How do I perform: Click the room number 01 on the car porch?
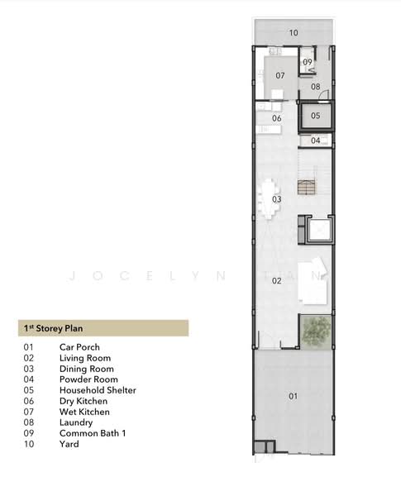coord(293,396)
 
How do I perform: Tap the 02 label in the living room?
coord(276,280)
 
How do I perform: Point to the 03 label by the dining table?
coord(277,199)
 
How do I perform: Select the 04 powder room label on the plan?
coord(315,141)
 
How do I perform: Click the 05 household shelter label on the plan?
coord(315,116)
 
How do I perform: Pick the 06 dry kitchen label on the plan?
coord(277,118)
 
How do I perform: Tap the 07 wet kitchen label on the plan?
coord(280,75)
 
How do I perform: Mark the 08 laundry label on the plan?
coord(315,86)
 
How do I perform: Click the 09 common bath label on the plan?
coord(308,62)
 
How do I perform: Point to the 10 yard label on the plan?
coord(294,32)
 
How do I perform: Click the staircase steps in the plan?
coord(307,187)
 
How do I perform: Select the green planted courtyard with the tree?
coord(316,331)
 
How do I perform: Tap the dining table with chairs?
coord(269,199)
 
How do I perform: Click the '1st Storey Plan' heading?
coord(54,328)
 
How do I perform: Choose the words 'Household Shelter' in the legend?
coord(98,390)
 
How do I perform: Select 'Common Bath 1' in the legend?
coord(93,433)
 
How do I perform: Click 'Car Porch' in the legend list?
coord(79,347)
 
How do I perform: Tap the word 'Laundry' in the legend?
coord(76,422)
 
